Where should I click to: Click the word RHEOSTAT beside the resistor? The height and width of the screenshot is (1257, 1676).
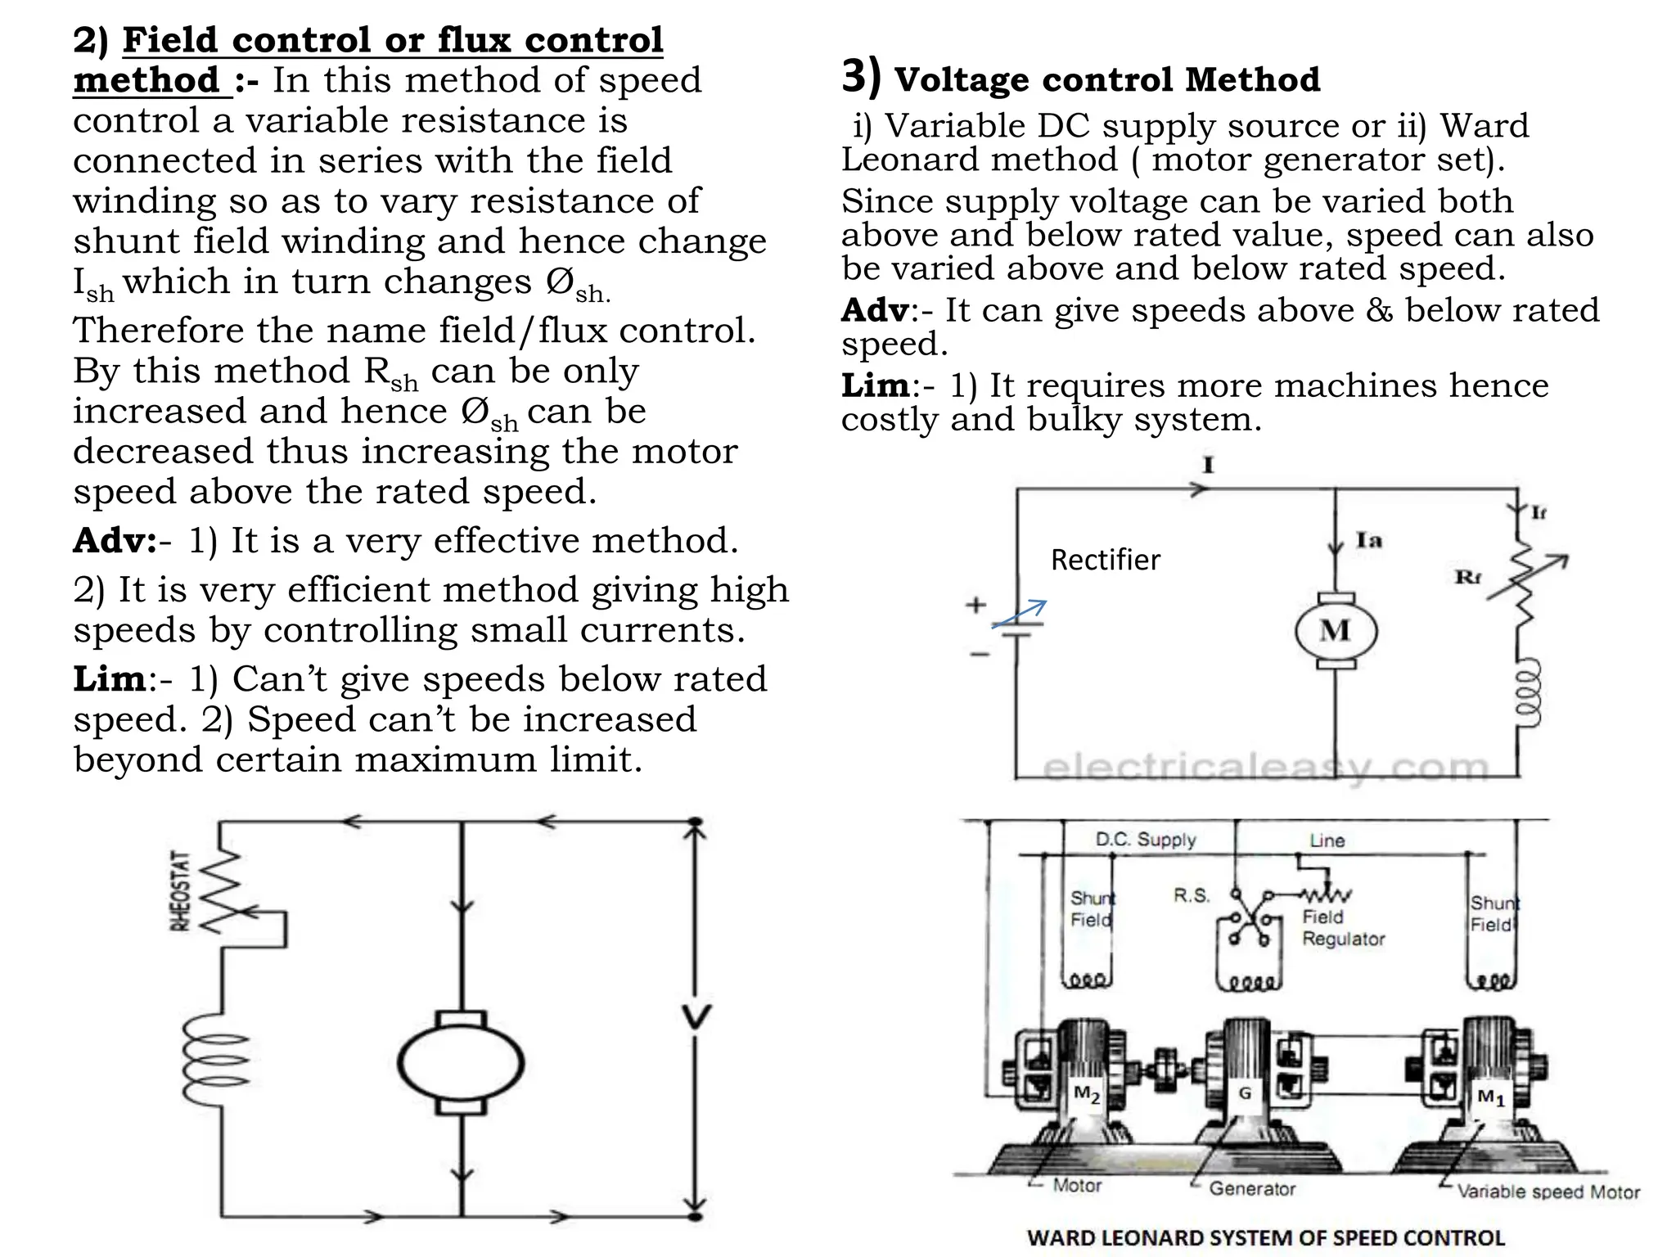pyautogui.click(x=181, y=891)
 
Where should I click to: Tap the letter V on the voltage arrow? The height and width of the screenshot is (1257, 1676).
pyautogui.click(x=696, y=1017)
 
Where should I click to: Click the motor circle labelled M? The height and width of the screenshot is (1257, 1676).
pyautogui.click(x=1336, y=631)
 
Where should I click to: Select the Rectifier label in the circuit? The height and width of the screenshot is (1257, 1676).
pyautogui.click(x=1105, y=560)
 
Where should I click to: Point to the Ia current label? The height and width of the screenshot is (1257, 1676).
pyautogui.click(x=1368, y=540)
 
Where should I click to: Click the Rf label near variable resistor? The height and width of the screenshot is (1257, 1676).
pyautogui.click(x=1468, y=577)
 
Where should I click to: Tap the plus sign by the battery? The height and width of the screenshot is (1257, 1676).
pyautogui.click(x=975, y=605)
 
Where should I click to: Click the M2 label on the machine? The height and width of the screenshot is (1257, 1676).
pyautogui.click(x=1086, y=1094)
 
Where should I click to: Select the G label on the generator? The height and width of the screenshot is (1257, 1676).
pyautogui.click(x=1245, y=1093)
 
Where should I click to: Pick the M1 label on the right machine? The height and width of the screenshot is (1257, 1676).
pyautogui.click(x=1490, y=1097)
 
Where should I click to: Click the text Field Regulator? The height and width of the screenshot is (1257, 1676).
pyautogui.click(x=1342, y=928)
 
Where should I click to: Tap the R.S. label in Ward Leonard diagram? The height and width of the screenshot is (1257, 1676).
pyautogui.click(x=1191, y=895)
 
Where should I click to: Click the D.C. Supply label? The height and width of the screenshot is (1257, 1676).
pyautogui.click(x=1145, y=840)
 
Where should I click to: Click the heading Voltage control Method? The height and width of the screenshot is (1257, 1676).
pyautogui.click(x=1106, y=79)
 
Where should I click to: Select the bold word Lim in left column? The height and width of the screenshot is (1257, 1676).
pyautogui.click(x=110, y=679)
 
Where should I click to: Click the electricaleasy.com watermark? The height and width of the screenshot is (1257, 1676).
pyautogui.click(x=1265, y=768)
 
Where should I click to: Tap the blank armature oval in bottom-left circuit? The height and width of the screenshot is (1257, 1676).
pyautogui.click(x=462, y=1063)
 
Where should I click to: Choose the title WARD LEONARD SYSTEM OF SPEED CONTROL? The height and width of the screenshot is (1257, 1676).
pyautogui.click(x=1265, y=1237)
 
